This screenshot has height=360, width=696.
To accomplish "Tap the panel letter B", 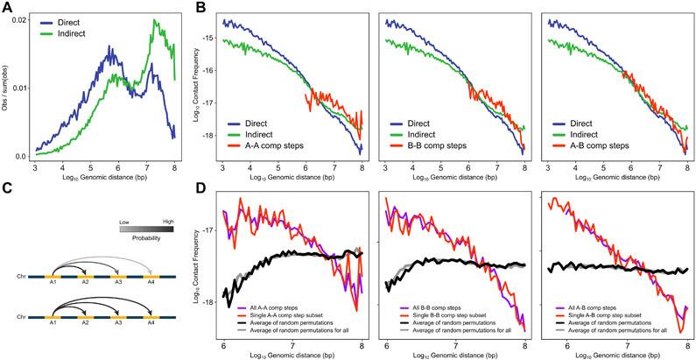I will click(x=203, y=7).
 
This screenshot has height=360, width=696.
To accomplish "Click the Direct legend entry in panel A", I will click(x=67, y=17).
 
